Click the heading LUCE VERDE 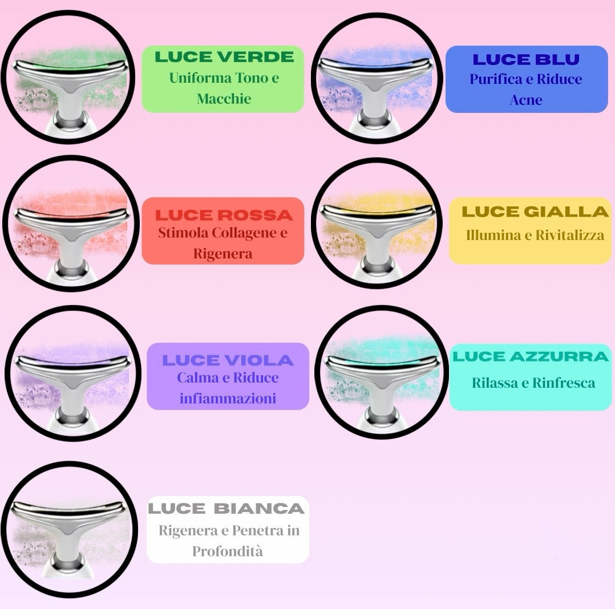click(x=224, y=56)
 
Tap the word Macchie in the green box click(x=224, y=99)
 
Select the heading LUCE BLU click(x=526, y=59)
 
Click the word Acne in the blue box click(x=525, y=100)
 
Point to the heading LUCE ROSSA click(x=224, y=215)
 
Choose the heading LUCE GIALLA click(x=535, y=212)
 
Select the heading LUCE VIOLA click(x=228, y=360)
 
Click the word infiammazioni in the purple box click(x=228, y=398)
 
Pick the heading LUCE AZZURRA click(x=531, y=357)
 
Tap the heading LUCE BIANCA click(x=226, y=509)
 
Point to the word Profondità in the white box click(x=227, y=551)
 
